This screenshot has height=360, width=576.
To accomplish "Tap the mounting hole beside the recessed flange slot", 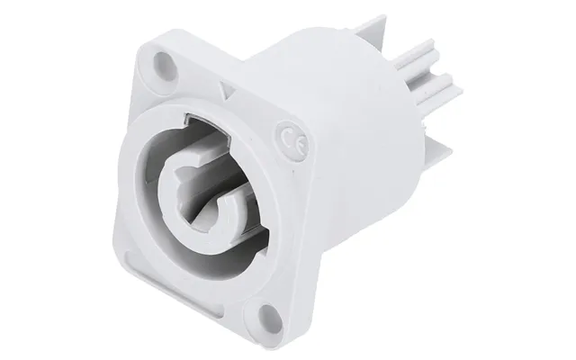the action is point(268,316).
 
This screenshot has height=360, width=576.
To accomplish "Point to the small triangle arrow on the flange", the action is point(226,90).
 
